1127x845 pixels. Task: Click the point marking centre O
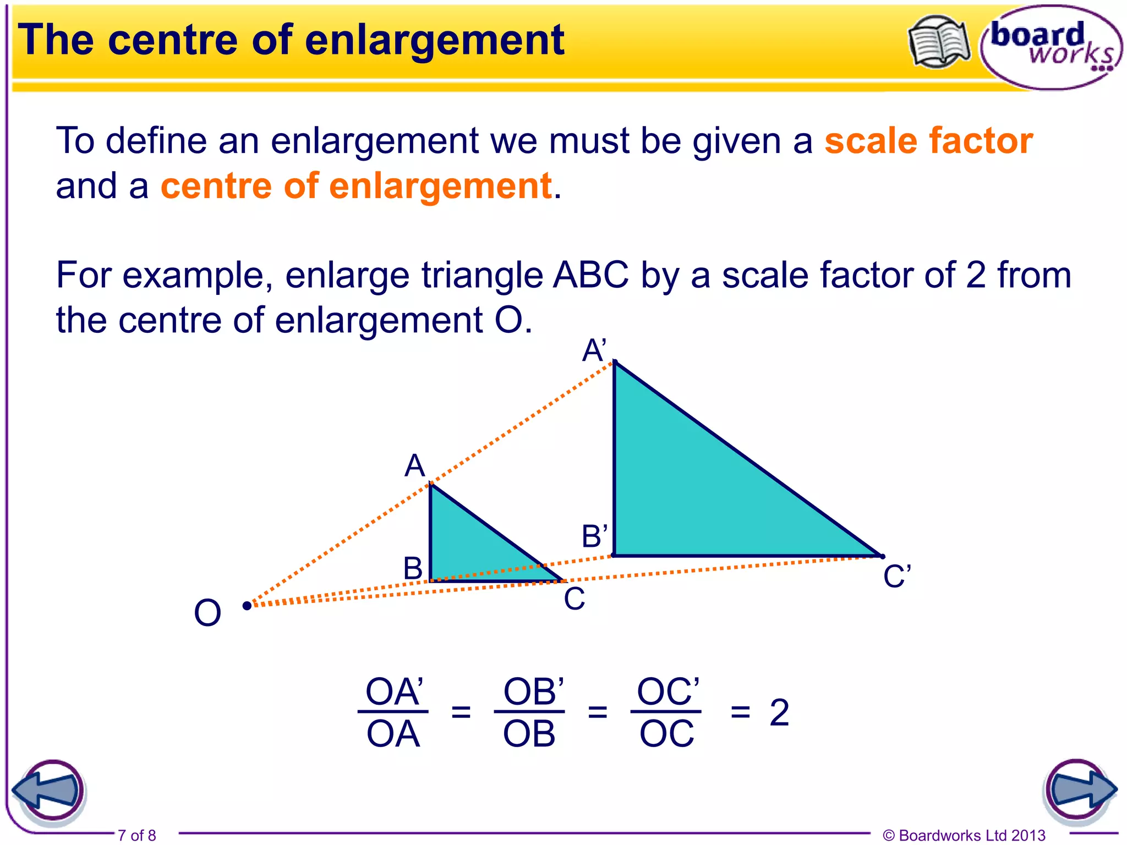point(247,606)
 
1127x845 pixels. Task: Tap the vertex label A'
point(594,350)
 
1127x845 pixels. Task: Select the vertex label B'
point(595,536)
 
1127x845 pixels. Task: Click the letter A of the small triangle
point(415,466)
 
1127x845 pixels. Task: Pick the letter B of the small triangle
point(413,568)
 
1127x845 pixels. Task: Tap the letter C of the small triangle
point(575,599)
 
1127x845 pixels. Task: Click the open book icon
point(939,42)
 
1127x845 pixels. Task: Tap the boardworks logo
point(1051,47)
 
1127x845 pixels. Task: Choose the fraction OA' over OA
point(393,712)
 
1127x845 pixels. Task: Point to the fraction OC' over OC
point(667,712)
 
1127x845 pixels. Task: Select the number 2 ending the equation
point(779,712)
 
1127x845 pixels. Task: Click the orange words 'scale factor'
point(928,141)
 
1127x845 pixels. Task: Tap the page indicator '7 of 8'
point(137,835)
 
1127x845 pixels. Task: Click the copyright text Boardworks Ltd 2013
point(964,835)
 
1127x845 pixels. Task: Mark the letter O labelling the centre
point(207,613)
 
